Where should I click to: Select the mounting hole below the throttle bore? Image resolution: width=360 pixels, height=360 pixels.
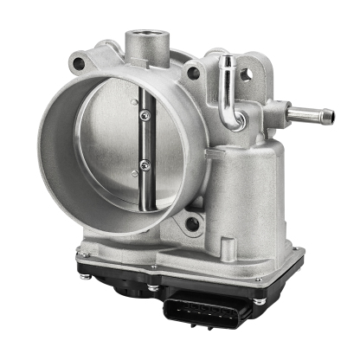tap(192, 224)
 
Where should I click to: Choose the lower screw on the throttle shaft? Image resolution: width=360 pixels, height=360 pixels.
tap(145, 164)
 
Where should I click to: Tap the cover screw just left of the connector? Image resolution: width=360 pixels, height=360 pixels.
tap(153, 288)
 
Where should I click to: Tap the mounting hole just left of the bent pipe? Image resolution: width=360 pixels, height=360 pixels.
tap(194, 73)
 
